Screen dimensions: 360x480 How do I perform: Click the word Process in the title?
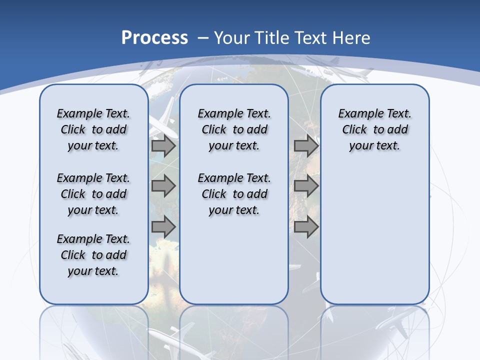(x=154, y=38)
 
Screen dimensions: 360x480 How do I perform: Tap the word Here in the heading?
(x=352, y=38)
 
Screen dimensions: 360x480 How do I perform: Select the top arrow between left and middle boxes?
(x=163, y=146)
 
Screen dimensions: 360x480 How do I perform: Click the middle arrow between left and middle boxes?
(x=163, y=186)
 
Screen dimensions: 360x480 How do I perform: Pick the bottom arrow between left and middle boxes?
(x=163, y=227)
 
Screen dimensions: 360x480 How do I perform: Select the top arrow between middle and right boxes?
(x=306, y=146)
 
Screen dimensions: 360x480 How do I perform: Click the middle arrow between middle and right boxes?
(x=306, y=186)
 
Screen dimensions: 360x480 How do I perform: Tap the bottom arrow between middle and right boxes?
(x=306, y=227)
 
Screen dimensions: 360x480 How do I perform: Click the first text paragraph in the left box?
(x=93, y=129)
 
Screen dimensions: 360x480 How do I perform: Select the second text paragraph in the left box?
(x=93, y=194)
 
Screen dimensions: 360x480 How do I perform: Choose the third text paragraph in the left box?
(x=93, y=255)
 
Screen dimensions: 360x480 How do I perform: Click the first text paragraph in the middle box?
(x=234, y=129)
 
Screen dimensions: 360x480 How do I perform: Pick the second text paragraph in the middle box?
(x=234, y=194)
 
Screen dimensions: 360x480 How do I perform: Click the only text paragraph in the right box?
(x=374, y=129)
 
